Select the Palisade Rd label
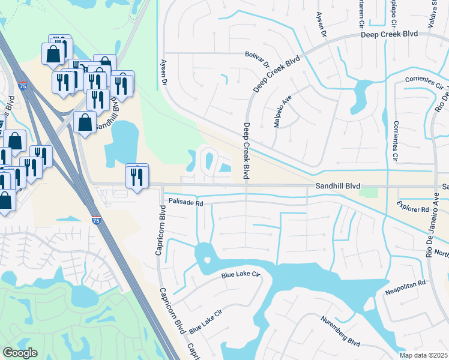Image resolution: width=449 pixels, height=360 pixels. (x=186, y=203)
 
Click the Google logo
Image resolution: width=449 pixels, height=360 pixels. (x=20, y=353)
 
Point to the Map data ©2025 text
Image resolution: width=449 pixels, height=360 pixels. (x=423, y=356)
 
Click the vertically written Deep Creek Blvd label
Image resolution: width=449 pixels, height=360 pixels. (x=246, y=151)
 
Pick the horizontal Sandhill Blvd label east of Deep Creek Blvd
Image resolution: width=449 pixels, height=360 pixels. (x=337, y=187)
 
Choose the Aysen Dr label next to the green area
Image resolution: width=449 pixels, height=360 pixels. (x=163, y=71)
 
